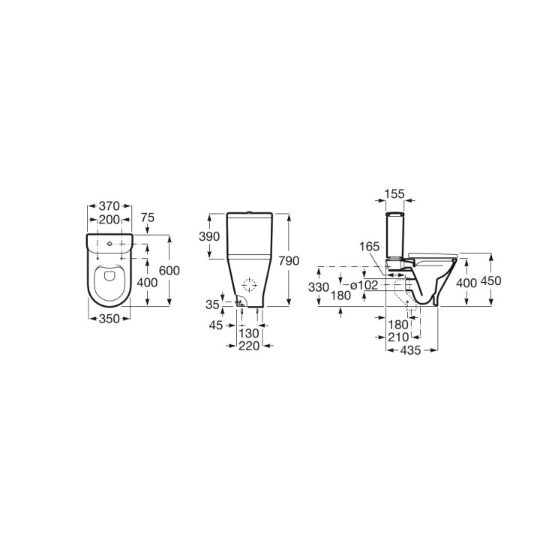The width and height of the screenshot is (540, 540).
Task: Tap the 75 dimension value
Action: pyautogui.click(x=147, y=218)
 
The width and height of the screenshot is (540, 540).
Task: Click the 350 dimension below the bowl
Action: pyautogui.click(x=109, y=318)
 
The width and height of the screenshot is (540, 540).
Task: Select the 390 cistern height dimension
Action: pyautogui.click(x=210, y=236)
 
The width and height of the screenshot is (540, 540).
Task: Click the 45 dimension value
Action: pyautogui.click(x=216, y=325)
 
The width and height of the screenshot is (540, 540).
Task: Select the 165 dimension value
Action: pyautogui.click(x=370, y=246)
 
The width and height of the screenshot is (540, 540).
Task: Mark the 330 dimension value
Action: pyautogui.click(x=319, y=287)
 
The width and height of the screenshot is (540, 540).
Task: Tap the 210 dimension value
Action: pyautogui.click(x=399, y=337)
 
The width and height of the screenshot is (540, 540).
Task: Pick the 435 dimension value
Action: pyautogui.click(x=409, y=350)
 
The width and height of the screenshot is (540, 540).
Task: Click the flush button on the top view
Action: pyautogui.click(x=109, y=244)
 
